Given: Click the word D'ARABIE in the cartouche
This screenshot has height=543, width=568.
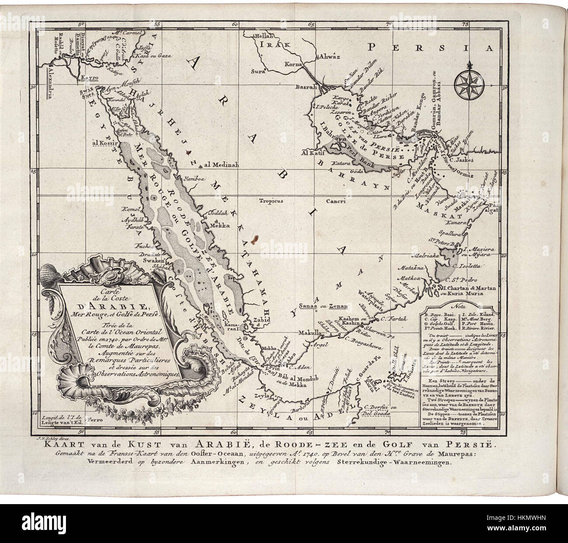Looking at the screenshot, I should (x=107, y=305).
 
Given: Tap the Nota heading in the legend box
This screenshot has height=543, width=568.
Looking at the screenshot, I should (x=460, y=307).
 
